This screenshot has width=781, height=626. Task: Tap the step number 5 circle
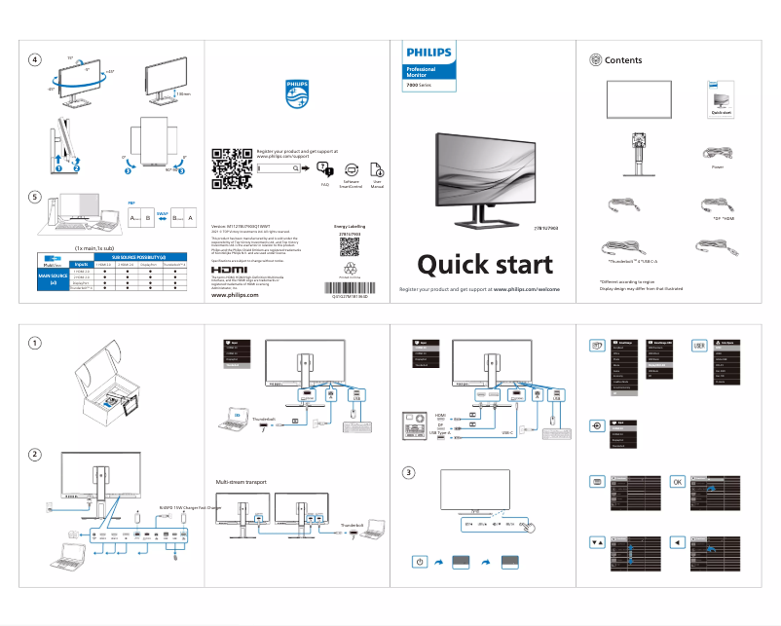coord(35,198)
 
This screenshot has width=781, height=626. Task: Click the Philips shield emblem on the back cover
coord(295,93)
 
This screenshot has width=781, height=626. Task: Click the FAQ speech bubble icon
coord(325,169)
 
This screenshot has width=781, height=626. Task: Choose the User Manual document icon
coord(377,168)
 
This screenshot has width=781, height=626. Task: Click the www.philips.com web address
coord(235,295)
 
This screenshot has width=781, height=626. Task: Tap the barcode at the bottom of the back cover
coord(349,288)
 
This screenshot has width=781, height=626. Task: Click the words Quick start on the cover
coord(484,265)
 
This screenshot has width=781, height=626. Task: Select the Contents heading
coord(623,60)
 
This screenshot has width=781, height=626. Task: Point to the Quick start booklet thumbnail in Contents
coord(721,99)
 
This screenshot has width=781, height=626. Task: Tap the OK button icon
coord(677,482)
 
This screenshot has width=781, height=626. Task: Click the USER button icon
coord(698,345)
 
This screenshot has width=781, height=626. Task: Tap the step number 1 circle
coord(35,343)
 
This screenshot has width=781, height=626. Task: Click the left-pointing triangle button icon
coord(677,541)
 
